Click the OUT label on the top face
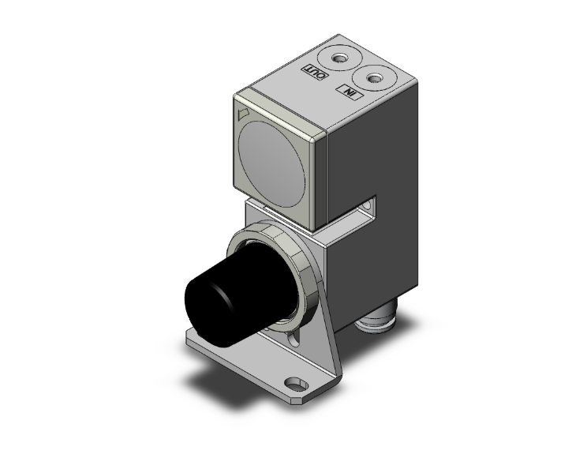[x=314, y=73]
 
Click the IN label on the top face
[x=348, y=92]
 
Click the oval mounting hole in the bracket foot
[x=297, y=385]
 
